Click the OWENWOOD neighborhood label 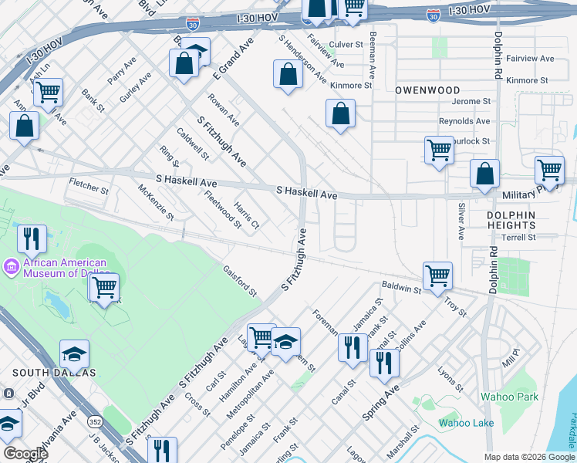pos(427,90)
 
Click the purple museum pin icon pos(11,268)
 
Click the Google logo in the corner pos(25,453)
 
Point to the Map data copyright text pos(529,457)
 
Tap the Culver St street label pos(346,45)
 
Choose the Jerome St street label pos(471,101)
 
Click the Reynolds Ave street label pos(464,121)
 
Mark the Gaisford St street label pos(239,281)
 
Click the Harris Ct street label pos(247,218)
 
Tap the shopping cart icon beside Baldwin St pos(437,275)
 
